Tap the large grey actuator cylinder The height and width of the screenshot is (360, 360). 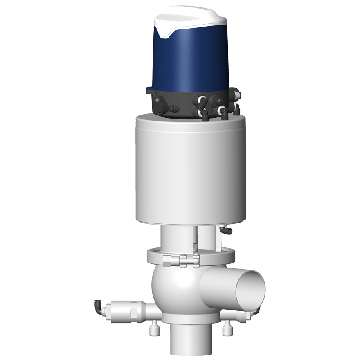[x=191, y=172]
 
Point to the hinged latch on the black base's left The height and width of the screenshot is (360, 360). [x=160, y=102]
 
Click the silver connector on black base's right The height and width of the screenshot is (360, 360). [x=238, y=96]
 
